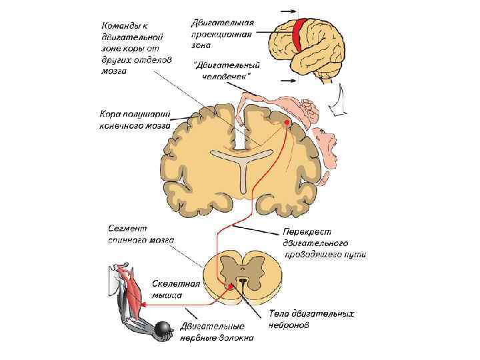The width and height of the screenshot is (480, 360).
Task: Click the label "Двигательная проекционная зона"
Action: pyautogui.click(x=222, y=31)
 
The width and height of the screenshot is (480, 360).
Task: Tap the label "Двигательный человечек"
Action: pyautogui.click(x=226, y=70)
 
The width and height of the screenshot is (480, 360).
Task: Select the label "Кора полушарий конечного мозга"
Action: pyautogui.click(x=135, y=119)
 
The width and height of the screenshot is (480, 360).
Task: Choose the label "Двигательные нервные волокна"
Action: pyautogui.click(x=217, y=331)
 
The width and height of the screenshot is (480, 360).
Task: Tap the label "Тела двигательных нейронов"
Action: pyautogui.click(x=311, y=318)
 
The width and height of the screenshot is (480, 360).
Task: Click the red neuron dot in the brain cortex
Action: pyautogui.click(x=287, y=123)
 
